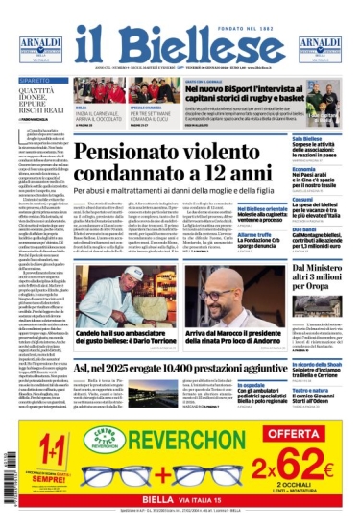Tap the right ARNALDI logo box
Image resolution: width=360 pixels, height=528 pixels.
[320, 48]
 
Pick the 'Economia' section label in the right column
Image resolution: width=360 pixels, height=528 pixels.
[277, 168]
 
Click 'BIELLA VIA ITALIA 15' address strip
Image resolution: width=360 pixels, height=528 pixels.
[181, 497]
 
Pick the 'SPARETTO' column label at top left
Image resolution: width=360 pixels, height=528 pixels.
[35, 81]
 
